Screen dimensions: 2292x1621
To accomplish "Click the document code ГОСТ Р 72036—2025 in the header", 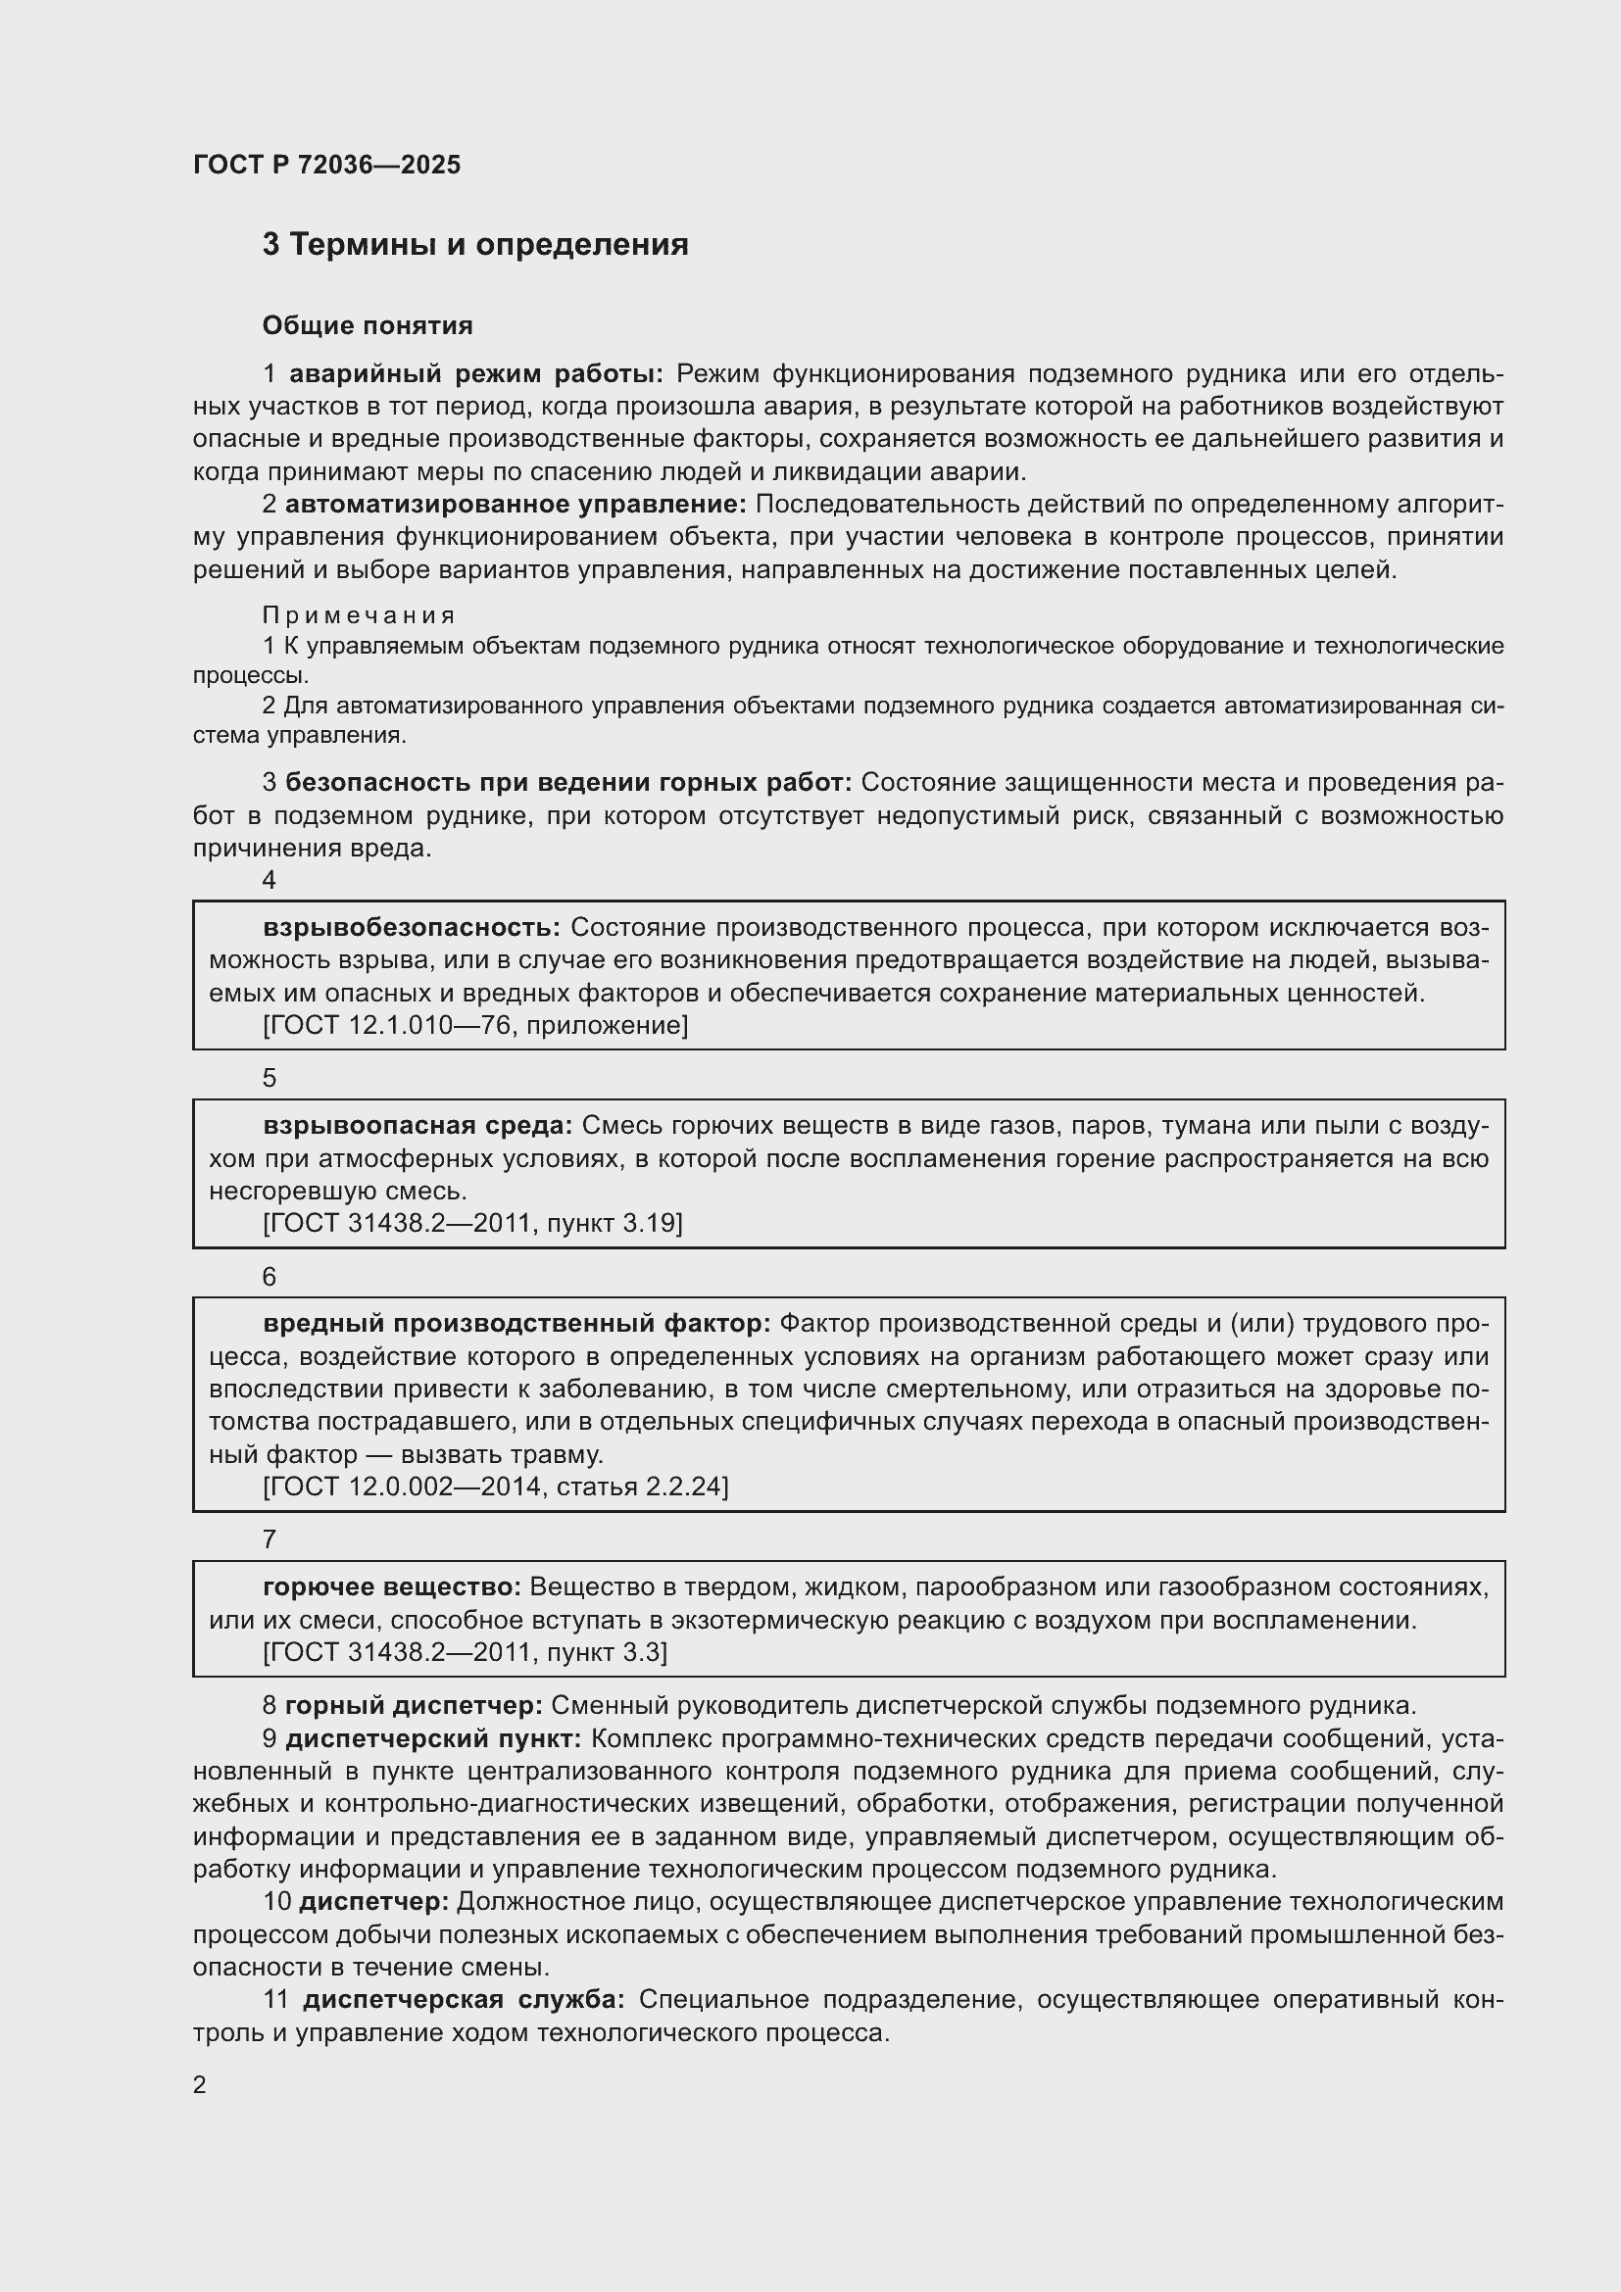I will coord(326,165).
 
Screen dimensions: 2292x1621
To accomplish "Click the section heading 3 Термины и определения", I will coord(475,245).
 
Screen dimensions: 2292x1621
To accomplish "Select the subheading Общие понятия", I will coord(368,325).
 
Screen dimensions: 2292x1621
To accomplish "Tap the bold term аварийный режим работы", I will coord(476,374).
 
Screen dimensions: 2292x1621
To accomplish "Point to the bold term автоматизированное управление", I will coord(516,504).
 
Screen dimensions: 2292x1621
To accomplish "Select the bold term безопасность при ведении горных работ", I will coord(569,783).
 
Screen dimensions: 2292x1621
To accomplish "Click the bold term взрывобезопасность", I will coord(413,927).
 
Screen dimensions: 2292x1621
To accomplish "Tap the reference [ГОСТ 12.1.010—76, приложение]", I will coord(475,1025).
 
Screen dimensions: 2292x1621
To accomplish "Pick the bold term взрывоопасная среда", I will coord(418,1125).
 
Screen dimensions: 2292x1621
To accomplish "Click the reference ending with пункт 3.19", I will coord(472,1223).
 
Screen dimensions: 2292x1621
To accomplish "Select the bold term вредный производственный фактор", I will coord(517,1324).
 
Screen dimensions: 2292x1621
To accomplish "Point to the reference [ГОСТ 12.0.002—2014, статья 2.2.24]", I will coord(495,1487).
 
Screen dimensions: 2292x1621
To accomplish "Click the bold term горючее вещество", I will coord(392,1586).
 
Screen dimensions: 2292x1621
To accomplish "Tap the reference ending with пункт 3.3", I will coord(465,1652).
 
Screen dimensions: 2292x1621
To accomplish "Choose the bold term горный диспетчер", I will coord(415,1705).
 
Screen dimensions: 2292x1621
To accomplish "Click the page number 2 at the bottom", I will coord(200,2084).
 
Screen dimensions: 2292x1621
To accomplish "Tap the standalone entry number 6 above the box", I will coord(269,1277).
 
